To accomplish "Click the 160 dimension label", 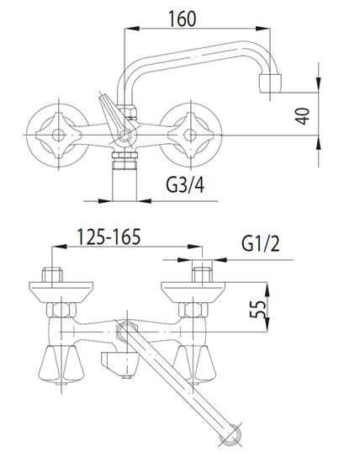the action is click(182, 19).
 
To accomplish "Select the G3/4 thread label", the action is click(185, 185).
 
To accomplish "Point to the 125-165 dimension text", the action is click(109, 237).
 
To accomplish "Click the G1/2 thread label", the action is click(261, 243).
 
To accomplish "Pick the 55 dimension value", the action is click(257, 309).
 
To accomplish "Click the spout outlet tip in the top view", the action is click(270, 83).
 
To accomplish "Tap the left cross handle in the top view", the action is click(58, 136).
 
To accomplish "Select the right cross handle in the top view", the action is click(190, 136).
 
